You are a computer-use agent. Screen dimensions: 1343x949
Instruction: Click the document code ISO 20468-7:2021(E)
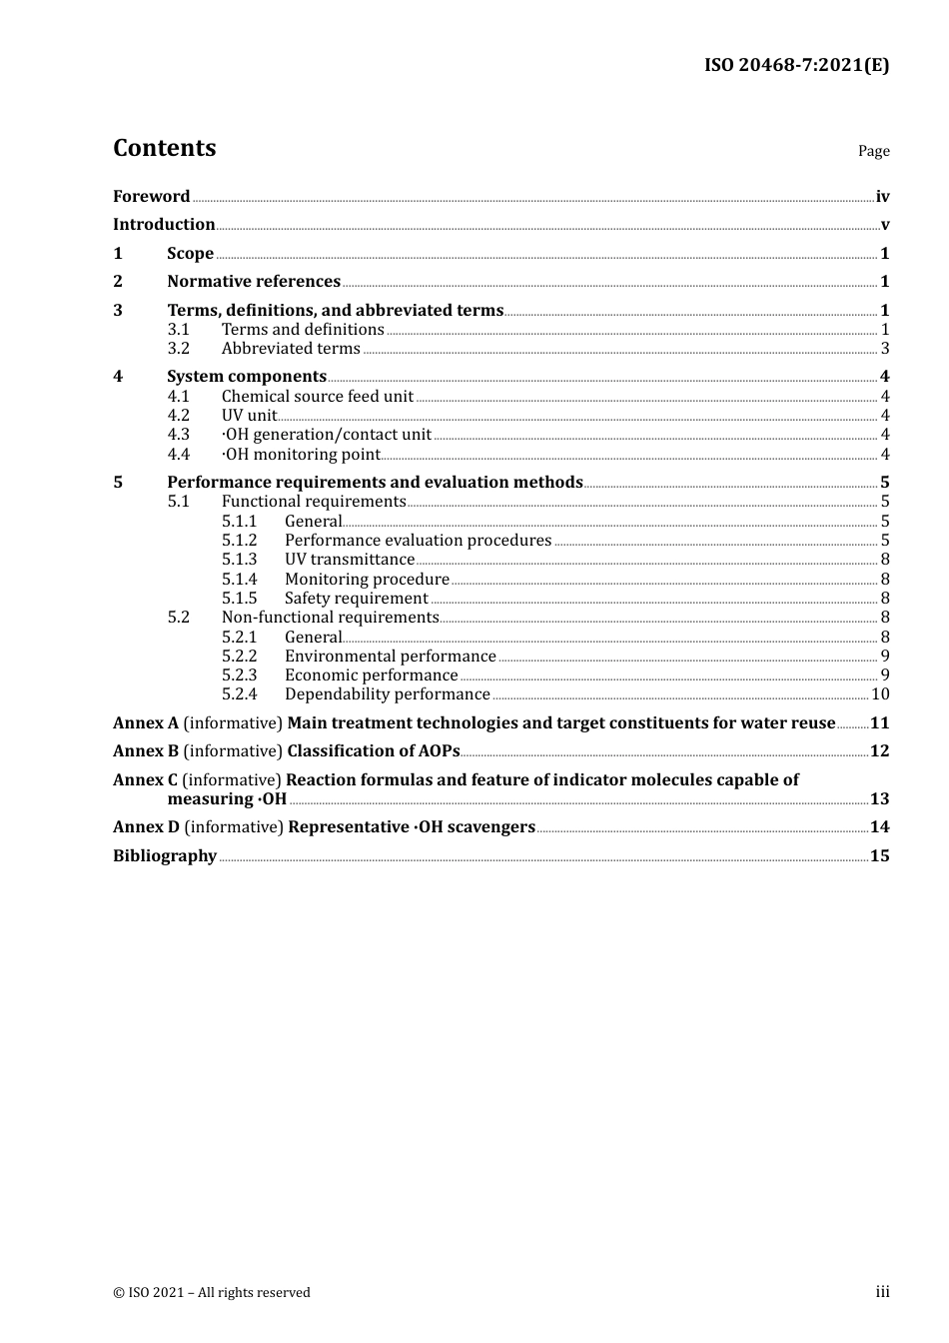click(796, 66)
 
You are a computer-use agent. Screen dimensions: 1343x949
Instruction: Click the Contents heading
click(164, 148)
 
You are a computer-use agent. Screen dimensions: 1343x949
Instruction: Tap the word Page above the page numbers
click(873, 151)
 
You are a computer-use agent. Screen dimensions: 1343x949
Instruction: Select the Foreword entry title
click(151, 197)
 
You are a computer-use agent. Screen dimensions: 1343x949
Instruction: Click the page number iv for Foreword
click(882, 197)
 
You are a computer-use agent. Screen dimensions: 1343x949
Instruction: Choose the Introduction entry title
click(164, 225)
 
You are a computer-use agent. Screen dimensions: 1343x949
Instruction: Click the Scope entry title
click(190, 254)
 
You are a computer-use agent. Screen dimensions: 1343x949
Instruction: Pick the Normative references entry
click(254, 282)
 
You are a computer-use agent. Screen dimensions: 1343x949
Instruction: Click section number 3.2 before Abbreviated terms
click(179, 349)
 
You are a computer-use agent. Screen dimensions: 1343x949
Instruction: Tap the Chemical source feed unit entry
click(317, 397)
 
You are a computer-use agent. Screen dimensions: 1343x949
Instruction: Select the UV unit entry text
click(249, 416)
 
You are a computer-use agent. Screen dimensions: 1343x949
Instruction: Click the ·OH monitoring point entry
click(301, 455)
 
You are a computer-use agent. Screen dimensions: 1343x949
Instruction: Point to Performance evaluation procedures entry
click(418, 541)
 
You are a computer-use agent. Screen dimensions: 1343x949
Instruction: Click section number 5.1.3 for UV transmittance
click(239, 560)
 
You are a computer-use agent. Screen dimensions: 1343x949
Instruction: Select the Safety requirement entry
click(356, 599)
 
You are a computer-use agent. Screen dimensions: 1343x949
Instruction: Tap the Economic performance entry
click(371, 675)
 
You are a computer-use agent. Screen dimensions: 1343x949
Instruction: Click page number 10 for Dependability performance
click(880, 694)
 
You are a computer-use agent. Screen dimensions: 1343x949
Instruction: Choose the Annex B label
click(146, 751)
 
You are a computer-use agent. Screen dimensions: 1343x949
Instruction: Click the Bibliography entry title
click(165, 856)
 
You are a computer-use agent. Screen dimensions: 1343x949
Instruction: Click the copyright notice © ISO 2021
click(212, 1293)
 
